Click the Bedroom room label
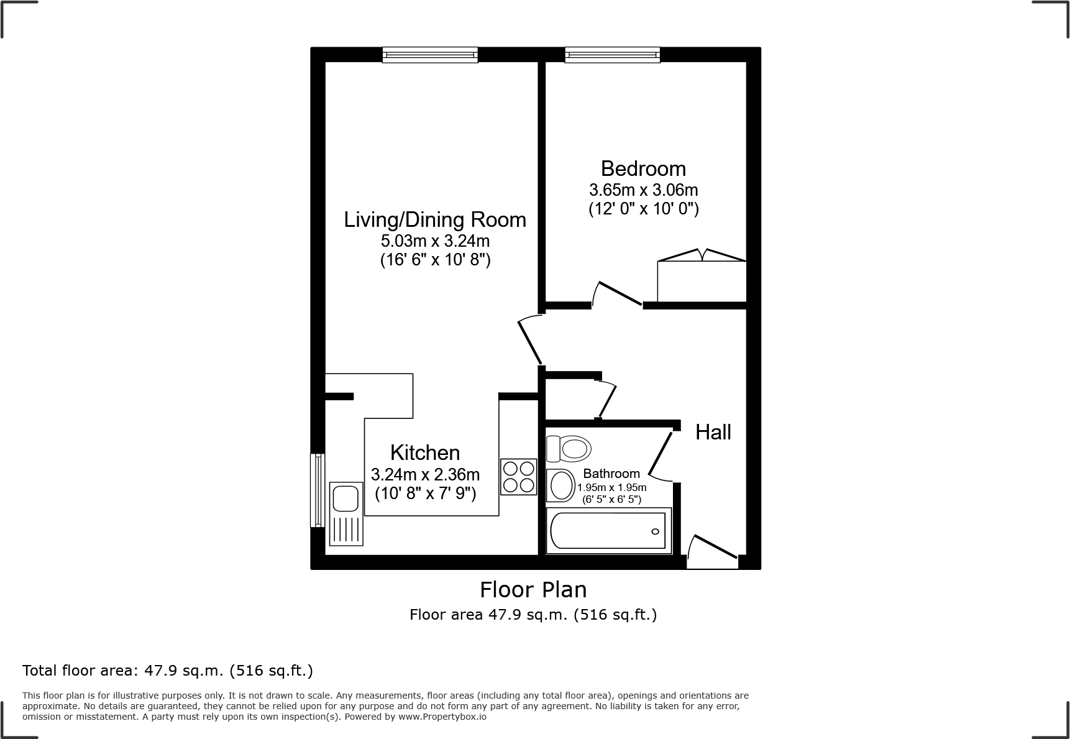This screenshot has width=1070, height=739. click(643, 168)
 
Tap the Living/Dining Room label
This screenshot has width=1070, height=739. click(435, 219)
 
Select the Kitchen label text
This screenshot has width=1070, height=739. click(425, 452)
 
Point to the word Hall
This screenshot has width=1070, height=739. click(713, 432)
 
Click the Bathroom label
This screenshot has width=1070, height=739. click(611, 474)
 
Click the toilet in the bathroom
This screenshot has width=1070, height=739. click(569, 448)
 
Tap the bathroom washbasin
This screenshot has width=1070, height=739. click(561, 485)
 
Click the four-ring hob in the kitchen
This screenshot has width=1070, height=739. click(519, 477)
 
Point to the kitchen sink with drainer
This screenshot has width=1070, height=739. click(347, 513)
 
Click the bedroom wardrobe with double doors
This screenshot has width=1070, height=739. click(702, 280)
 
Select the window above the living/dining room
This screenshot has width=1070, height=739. click(430, 55)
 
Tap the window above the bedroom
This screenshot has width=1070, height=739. click(612, 55)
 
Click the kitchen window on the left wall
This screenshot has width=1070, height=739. click(318, 490)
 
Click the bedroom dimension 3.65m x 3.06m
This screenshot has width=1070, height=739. click(643, 190)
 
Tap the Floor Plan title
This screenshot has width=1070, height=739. click(533, 589)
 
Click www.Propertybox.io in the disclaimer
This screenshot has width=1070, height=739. click(442, 717)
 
